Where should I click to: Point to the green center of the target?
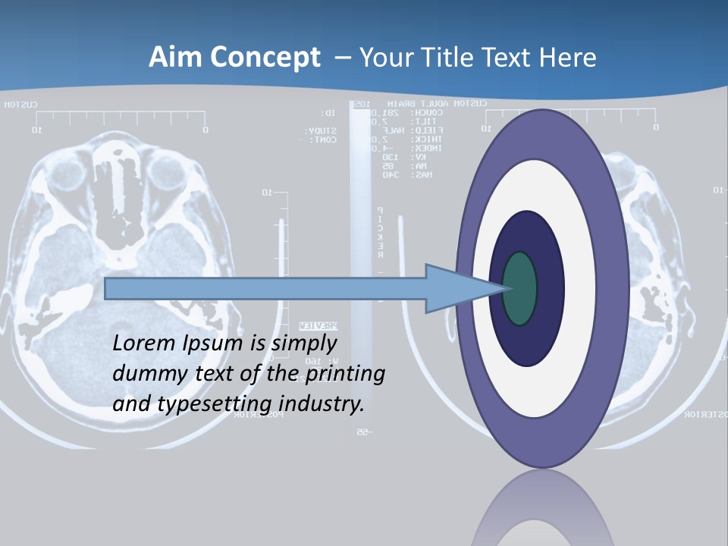point(519,289)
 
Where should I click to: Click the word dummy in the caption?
point(143,374)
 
